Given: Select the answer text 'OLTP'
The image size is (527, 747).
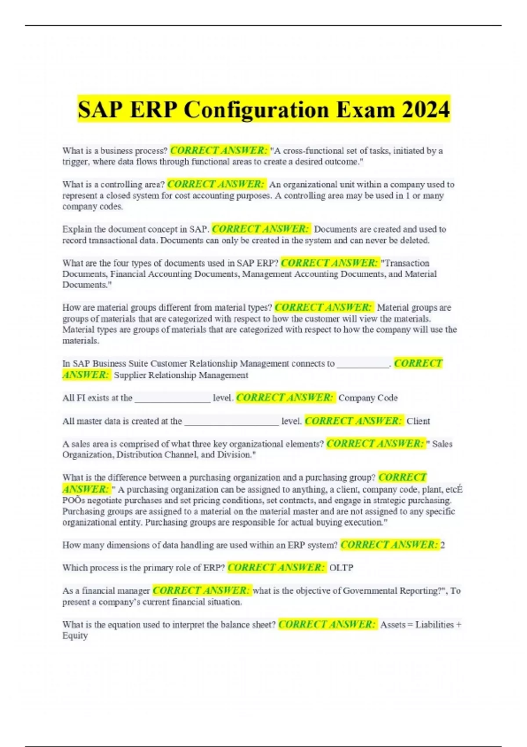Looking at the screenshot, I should click(x=341, y=568).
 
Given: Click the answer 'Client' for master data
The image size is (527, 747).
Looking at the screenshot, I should click(x=418, y=421).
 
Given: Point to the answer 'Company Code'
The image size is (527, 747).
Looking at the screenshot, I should click(x=368, y=398).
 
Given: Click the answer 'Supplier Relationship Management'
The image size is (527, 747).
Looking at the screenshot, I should click(x=181, y=375).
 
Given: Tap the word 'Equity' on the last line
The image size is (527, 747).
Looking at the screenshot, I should click(x=75, y=636).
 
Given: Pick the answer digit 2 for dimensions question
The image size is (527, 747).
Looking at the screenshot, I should click(x=443, y=545).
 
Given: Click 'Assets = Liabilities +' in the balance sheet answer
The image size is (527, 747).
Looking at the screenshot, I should click(x=420, y=624).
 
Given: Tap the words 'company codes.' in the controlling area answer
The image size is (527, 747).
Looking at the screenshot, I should click(x=93, y=207).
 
